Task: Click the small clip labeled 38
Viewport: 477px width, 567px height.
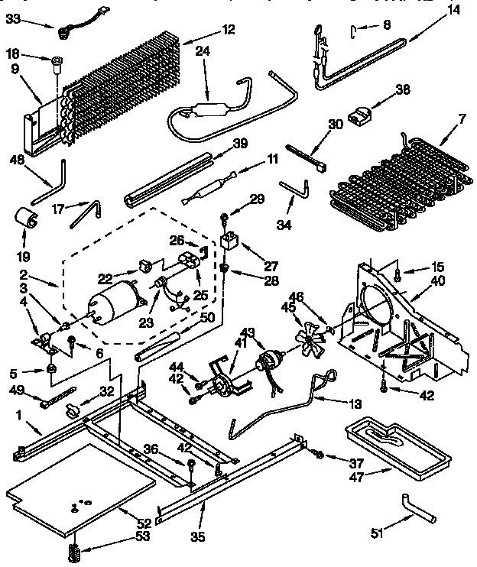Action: click(x=358, y=115)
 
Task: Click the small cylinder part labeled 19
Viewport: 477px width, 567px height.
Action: click(x=27, y=220)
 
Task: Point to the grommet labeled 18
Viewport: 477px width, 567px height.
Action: click(x=57, y=60)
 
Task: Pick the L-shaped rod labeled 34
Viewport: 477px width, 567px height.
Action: click(x=294, y=187)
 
